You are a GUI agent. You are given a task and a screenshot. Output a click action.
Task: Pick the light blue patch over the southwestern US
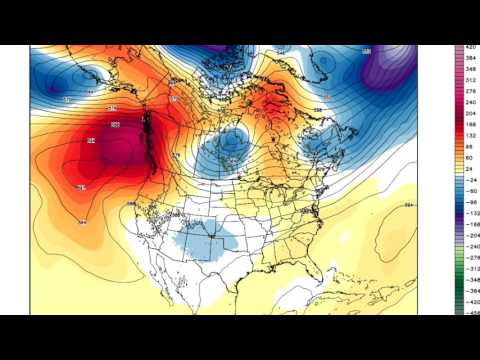pos(200,240)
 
